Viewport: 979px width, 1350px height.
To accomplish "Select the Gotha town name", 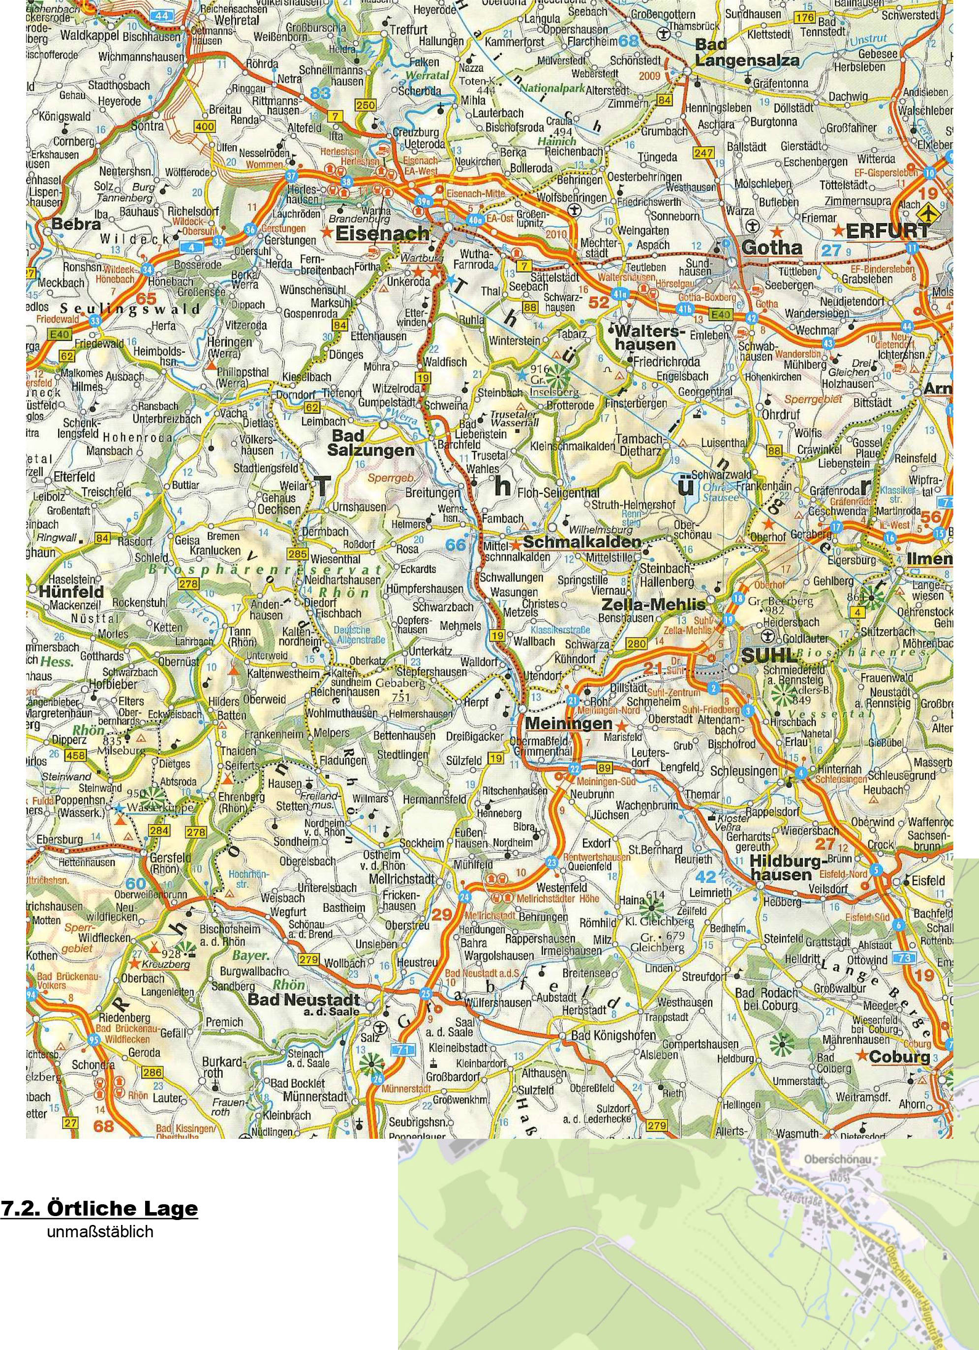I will pos(772,247).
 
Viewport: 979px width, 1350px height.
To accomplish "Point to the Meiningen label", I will pos(569,723).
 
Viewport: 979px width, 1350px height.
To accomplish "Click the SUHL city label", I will pos(768,655).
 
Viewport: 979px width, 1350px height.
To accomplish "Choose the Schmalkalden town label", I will pos(581,542).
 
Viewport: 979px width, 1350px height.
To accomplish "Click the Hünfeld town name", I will pos(71,592).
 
